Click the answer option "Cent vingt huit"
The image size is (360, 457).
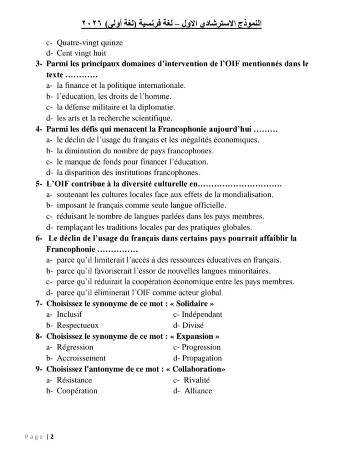click(81, 53)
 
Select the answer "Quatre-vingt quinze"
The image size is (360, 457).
click(89, 43)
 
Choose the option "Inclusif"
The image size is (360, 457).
click(69, 314)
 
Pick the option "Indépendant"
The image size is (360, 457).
click(202, 314)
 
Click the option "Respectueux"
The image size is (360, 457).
click(77, 325)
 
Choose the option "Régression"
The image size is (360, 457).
click(75, 347)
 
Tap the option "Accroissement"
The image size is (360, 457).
click(81, 358)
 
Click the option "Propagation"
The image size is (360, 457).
click(202, 358)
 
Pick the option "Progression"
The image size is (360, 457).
click(201, 347)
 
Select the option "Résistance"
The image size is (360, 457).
click(74, 380)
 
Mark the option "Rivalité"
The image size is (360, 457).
click(197, 380)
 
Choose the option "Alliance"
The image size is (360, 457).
click(198, 391)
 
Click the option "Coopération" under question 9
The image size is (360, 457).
click(77, 391)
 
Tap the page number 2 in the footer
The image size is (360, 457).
click(52, 437)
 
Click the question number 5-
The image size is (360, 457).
click(39, 184)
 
